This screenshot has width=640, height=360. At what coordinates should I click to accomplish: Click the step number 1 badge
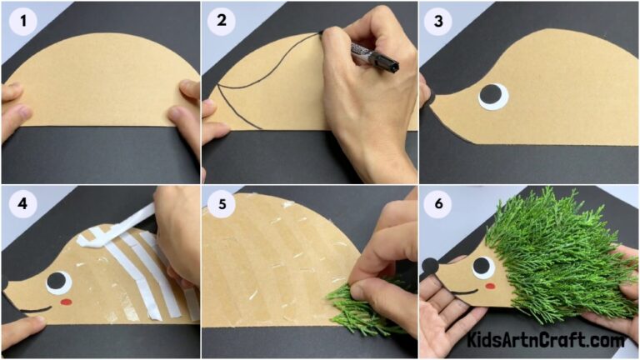point(21,21)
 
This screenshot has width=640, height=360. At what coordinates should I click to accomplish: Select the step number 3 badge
point(439,21)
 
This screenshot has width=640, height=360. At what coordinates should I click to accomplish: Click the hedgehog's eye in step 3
point(493,97)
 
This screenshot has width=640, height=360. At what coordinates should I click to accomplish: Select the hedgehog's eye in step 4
point(57,282)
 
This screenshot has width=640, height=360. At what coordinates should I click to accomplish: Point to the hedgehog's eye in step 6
point(482,267)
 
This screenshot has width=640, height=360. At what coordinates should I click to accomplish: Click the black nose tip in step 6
point(428,267)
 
